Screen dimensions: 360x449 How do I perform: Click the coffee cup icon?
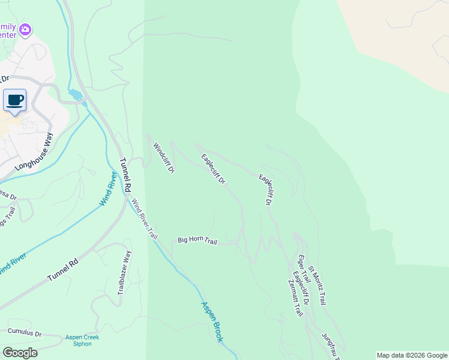tap(15, 100)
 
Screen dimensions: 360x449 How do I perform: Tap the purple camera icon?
tap(25, 29)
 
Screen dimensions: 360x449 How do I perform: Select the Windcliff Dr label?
tap(163, 158)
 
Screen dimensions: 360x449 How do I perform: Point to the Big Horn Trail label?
tap(197, 240)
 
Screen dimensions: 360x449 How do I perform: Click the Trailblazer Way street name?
tap(124, 274)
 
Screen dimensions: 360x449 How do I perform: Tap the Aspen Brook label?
tap(212, 322)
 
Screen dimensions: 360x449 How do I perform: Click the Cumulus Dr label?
tap(25, 332)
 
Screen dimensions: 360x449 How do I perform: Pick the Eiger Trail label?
tap(303, 270)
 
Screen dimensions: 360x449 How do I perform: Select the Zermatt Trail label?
tap(297, 301)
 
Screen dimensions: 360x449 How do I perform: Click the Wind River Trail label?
tap(144, 220)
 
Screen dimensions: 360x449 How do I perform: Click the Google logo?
tap(20, 353)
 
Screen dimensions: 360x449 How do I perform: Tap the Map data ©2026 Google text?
tap(411, 355)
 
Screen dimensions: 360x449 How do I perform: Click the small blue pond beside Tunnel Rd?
tap(76, 95)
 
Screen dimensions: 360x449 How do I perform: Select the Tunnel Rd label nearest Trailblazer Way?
tap(63, 272)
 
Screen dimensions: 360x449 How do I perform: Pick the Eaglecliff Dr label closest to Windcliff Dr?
tap(212, 169)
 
